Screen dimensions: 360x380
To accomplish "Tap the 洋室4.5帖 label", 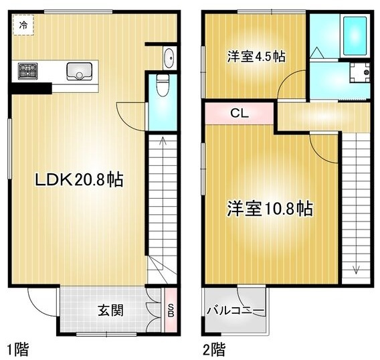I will tap(256, 57).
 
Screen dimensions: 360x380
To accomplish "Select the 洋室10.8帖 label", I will tap(269, 209).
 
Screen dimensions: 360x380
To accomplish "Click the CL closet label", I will tap(239, 113).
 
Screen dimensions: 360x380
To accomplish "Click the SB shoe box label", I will tap(171, 309).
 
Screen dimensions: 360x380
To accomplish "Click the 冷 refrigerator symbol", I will tap(23, 25).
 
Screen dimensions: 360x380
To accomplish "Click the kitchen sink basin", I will tap(79, 69).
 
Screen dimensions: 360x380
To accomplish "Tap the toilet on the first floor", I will tap(161, 86).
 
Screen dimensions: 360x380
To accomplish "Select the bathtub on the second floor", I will tap(354, 36).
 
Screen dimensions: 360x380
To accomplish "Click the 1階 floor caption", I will tap(18, 349).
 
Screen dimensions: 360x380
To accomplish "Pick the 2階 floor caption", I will tap(215, 349).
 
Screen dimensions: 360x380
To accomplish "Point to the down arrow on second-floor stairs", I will tap(356, 269).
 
